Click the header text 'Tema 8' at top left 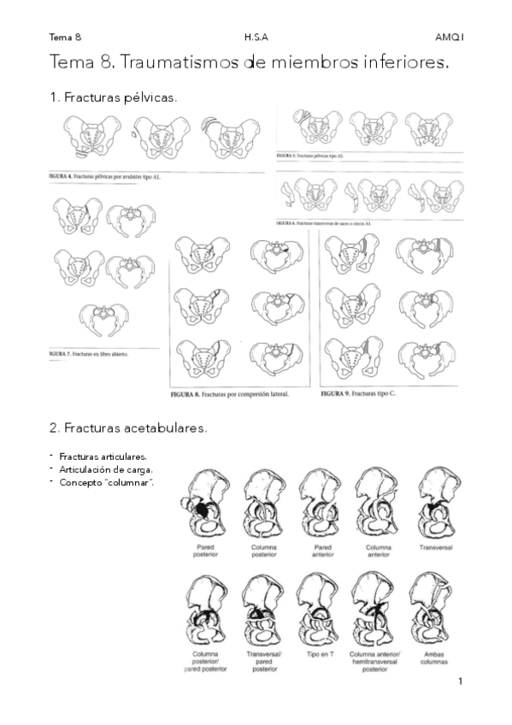point(65,37)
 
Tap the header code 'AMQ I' point(448,37)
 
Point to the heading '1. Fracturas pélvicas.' point(114,97)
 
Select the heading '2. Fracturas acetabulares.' point(128,427)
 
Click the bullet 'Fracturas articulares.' point(103,457)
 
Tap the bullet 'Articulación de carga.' point(106,469)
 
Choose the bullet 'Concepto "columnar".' point(106,482)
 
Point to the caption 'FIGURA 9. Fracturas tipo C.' point(359,394)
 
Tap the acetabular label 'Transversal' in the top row point(435,545)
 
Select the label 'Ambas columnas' point(434,657)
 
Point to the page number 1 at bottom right point(459,681)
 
